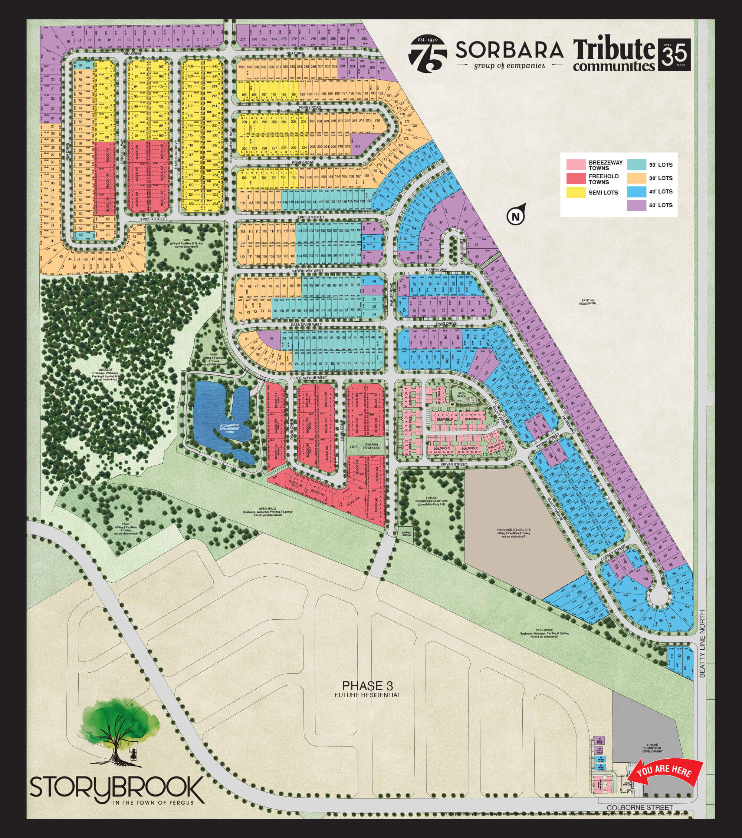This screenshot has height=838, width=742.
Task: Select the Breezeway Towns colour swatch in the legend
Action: (x=575, y=165)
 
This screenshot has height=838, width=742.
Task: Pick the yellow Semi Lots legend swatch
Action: (x=575, y=192)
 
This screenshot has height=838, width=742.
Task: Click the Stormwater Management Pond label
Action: (x=229, y=429)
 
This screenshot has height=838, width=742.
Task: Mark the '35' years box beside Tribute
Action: (x=674, y=55)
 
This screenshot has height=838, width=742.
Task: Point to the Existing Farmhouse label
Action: (x=372, y=446)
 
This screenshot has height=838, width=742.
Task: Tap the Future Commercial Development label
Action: (x=653, y=749)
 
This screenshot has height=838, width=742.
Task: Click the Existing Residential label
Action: (x=588, y=302)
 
